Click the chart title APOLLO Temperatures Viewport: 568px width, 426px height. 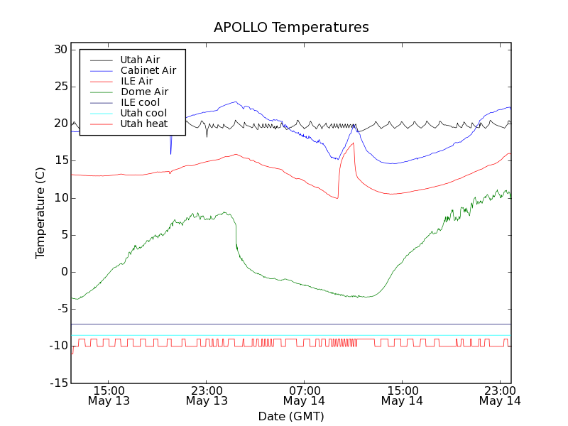click(x=291, y=28)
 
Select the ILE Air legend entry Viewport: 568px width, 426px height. click(x=136, y=81)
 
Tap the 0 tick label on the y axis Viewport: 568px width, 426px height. click(x=63, y=272)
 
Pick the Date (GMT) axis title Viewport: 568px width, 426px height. click(x=291, y=416)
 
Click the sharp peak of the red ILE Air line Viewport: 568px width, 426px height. click(x=353, y=143)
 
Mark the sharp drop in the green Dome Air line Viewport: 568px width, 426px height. click(x=236, y=234)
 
